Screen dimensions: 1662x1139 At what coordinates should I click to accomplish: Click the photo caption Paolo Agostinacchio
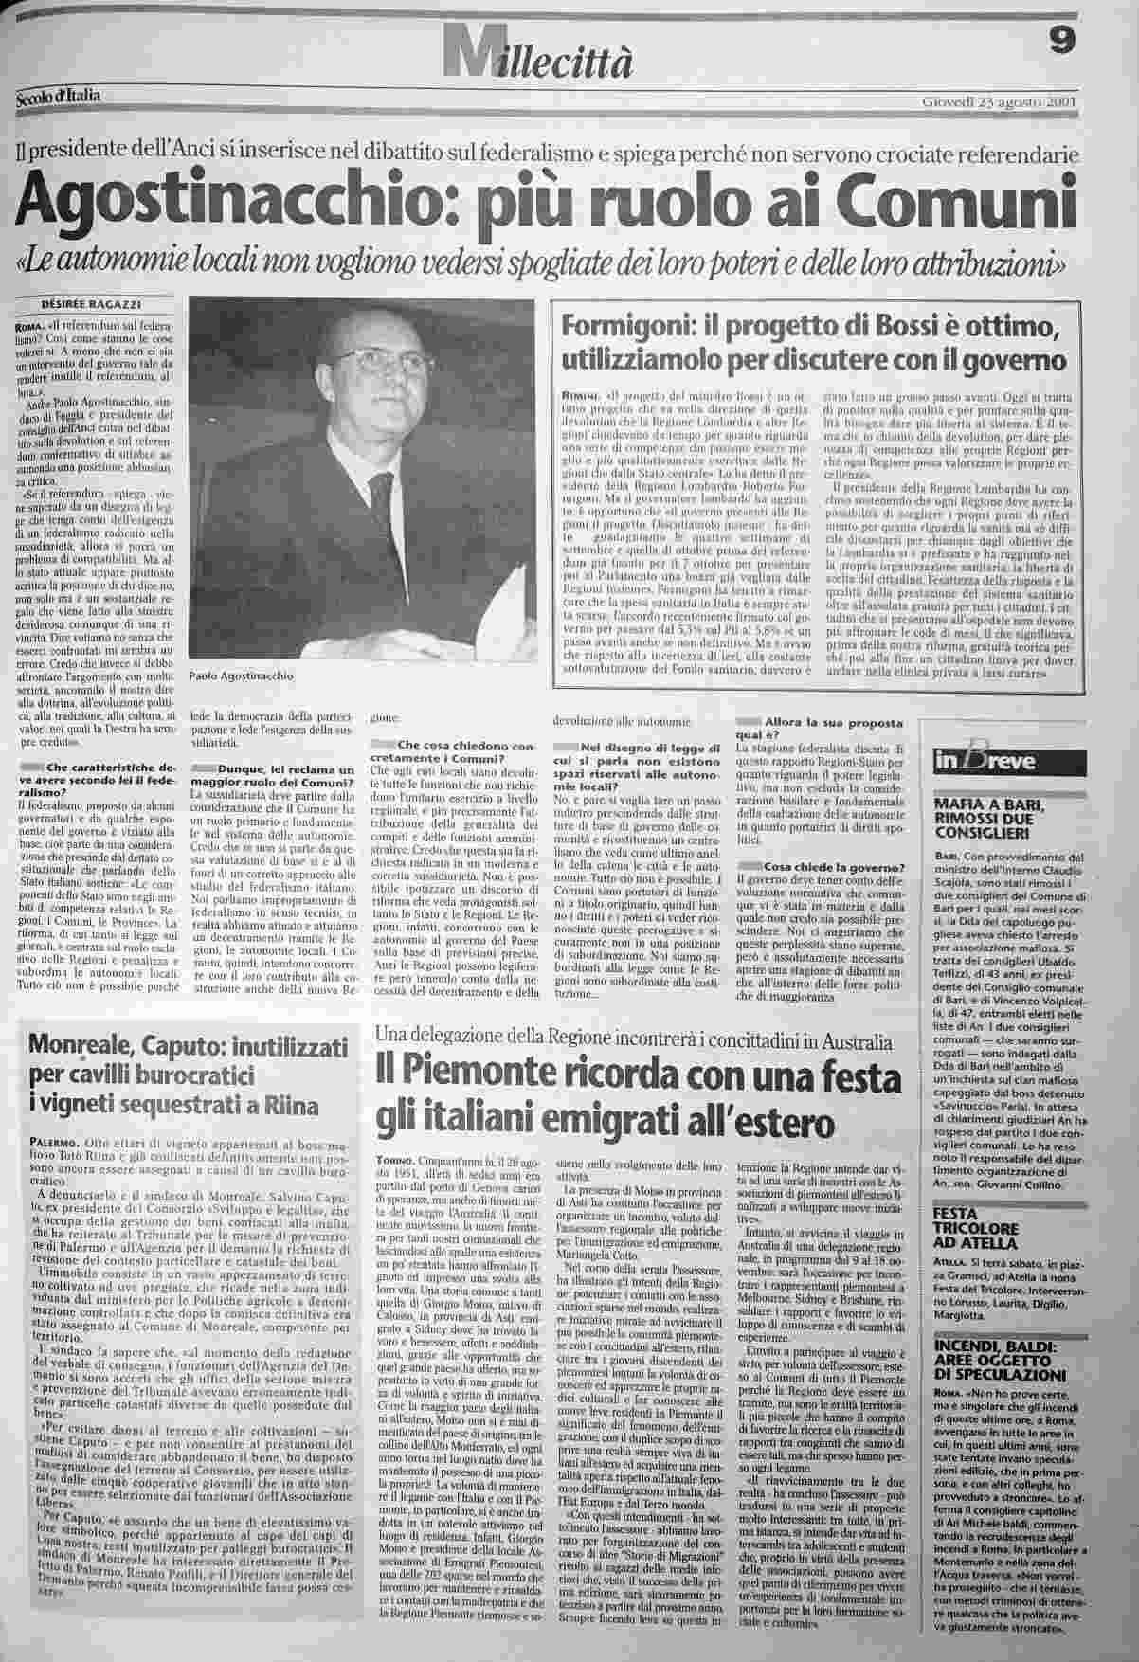tap(242, 677)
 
